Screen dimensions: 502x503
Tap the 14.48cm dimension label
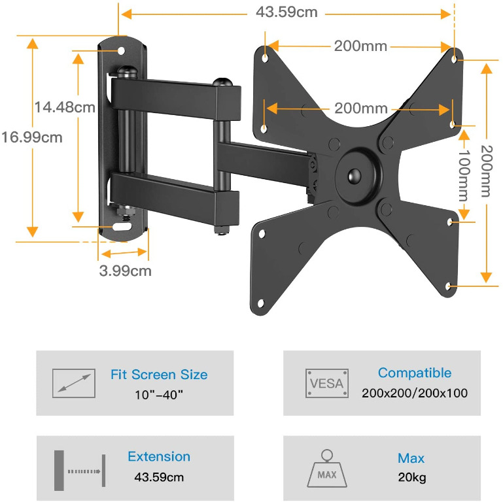coord(65,107)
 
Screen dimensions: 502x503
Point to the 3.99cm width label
coord(125,270)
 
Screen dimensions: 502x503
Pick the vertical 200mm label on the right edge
coord(485,171)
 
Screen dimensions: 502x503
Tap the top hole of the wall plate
coord(122,50)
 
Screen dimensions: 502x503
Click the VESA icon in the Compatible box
coord(326,383)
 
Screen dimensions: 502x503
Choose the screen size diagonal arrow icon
coord(73,383)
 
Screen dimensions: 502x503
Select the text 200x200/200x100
coord(414,393)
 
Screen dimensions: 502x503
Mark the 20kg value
coord(411,477)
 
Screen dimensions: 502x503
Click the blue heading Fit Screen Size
coord(159,375)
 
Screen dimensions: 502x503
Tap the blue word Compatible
coord(414,373)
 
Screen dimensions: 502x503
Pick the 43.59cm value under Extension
coord(159,477)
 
